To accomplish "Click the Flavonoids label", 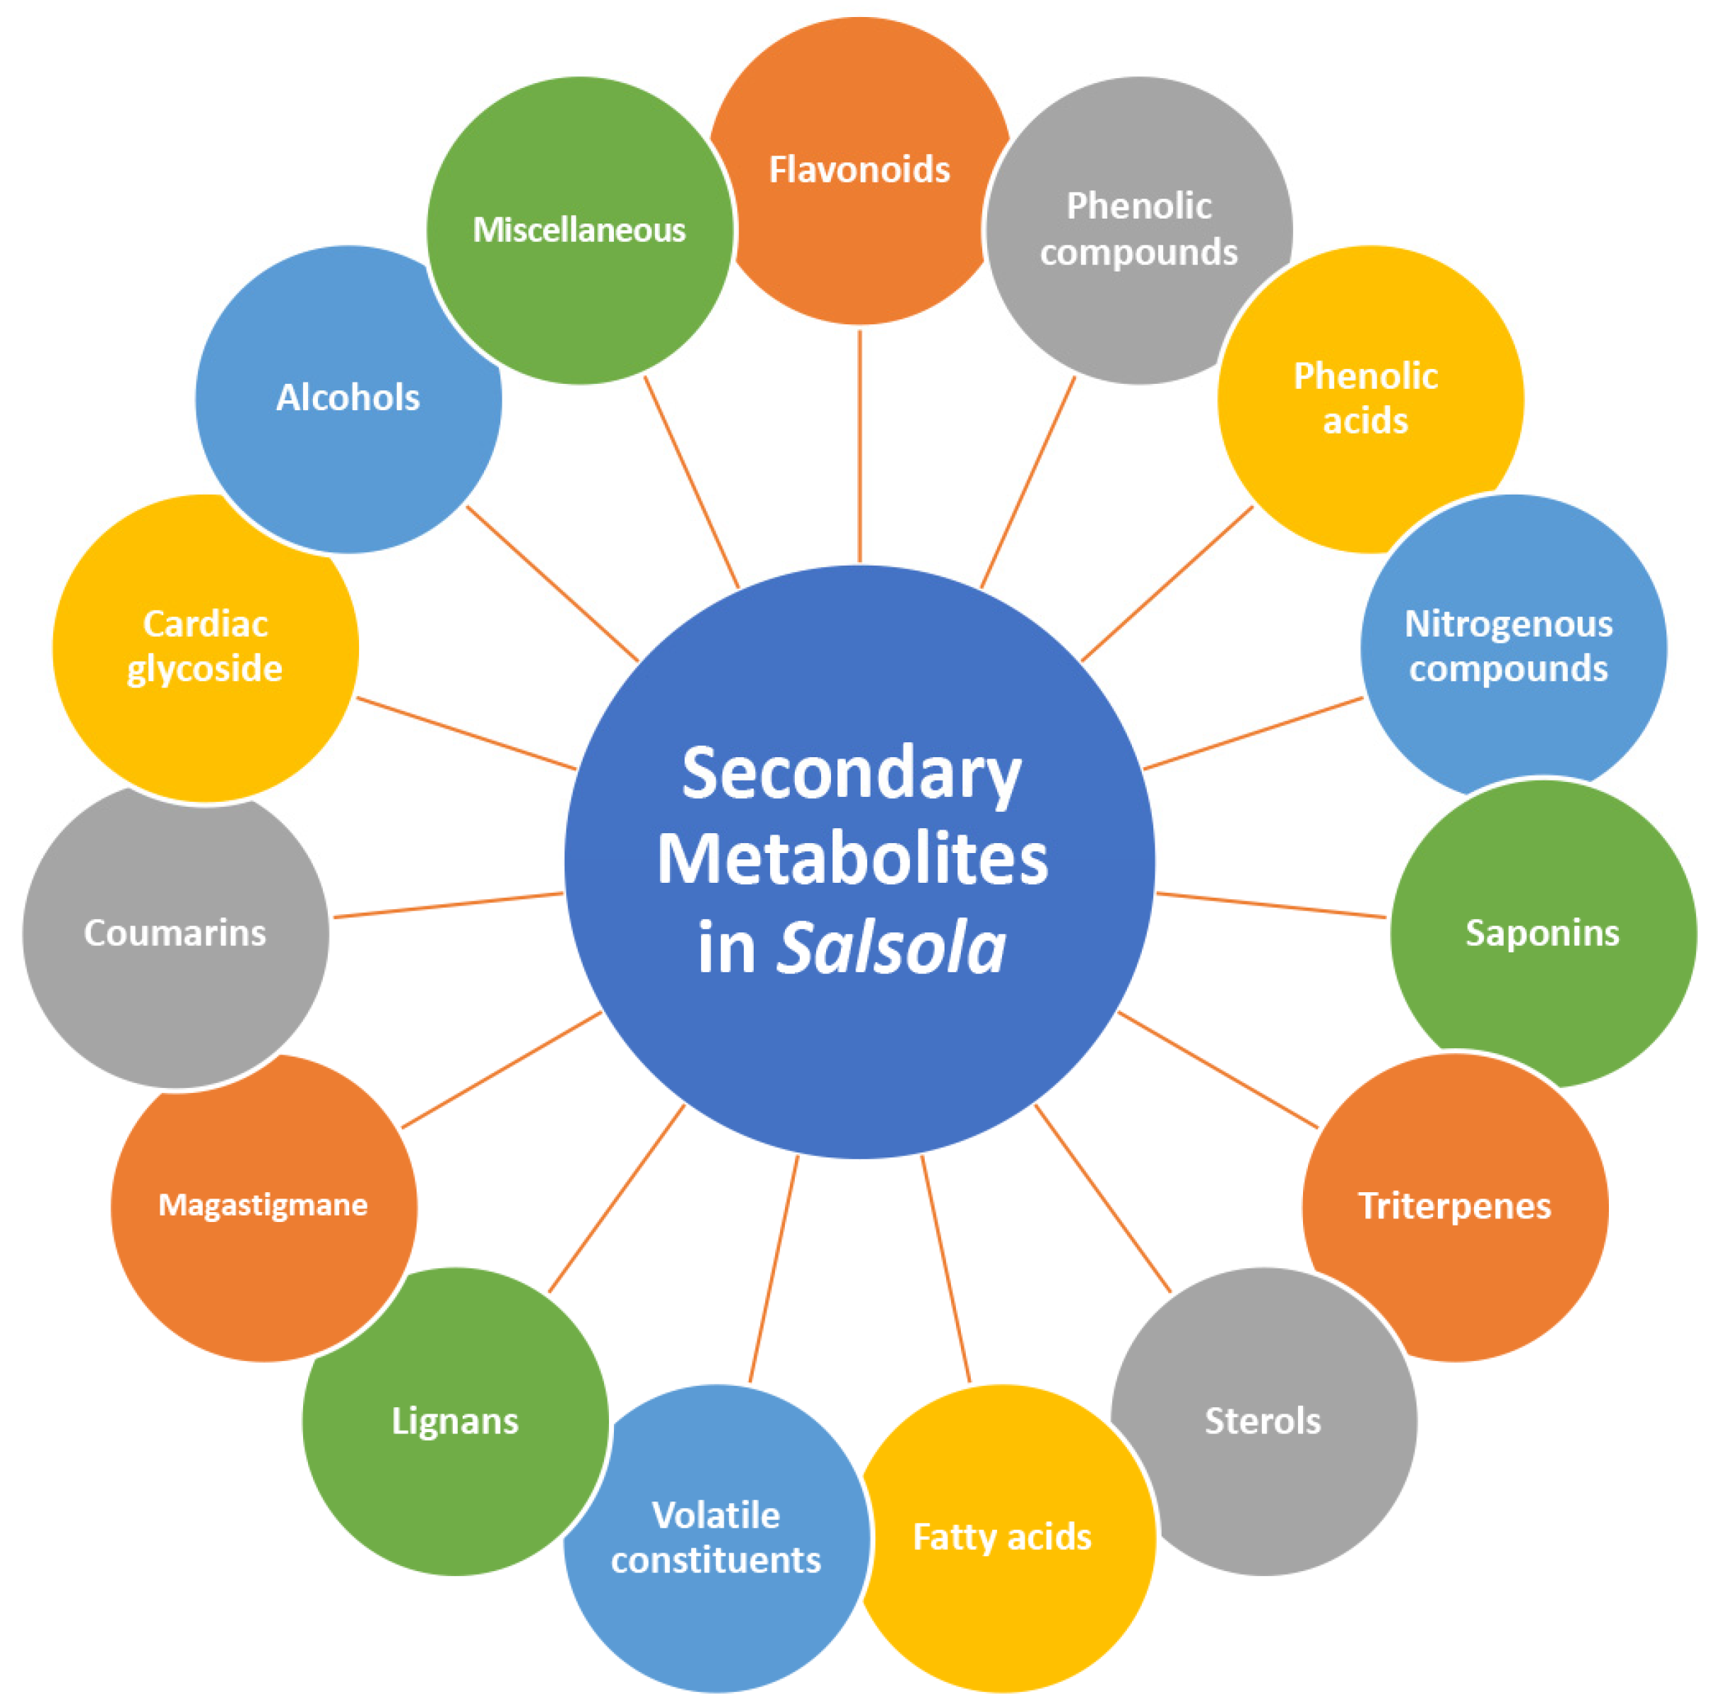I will tap(859, 170).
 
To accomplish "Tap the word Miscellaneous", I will tap(579, 230).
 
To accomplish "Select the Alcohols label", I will tap(348, 397).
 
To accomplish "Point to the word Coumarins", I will tap(175, 932).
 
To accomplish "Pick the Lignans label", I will tap(454, 1421).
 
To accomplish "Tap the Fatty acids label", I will tap(1002, 1536).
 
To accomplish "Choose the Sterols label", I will tap(1263, 1421).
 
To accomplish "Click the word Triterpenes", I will tap(1455, 1205).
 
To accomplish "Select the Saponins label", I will tap(1542, 932).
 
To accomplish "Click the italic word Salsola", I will tap(891, 946).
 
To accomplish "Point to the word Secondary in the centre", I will tap(852, 774).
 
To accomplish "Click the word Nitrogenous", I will tap(1508, 624).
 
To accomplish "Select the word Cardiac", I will tap(206, 624).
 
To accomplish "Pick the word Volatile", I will tap(716, 1515).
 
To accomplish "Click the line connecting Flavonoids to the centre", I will tap(859, 446).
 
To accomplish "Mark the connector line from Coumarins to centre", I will tap(448, 905).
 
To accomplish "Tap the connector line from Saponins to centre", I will tap(1271, 905).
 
